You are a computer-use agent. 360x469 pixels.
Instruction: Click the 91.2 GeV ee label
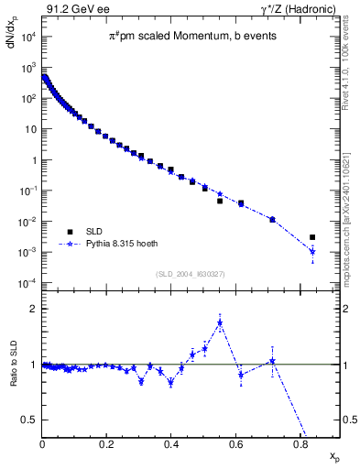[70, 9]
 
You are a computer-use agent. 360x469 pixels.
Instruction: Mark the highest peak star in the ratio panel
[220, 322]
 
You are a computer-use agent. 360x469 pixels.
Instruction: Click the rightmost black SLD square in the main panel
[312, 237]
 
